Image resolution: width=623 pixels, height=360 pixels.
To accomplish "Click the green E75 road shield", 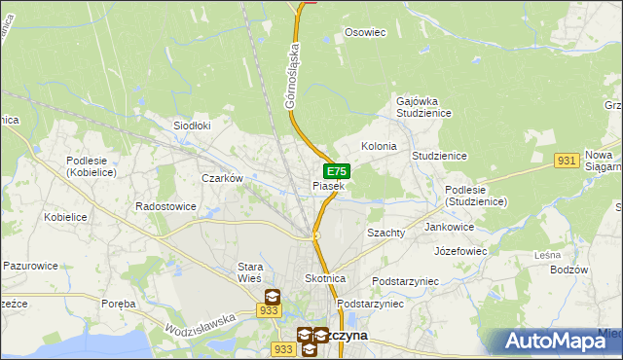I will (337, 172).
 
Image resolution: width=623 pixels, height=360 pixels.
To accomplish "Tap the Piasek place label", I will (328, 186).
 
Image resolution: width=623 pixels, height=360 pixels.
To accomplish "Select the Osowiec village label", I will (366, 32).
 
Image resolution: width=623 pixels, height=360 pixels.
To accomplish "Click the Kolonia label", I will (379, 146).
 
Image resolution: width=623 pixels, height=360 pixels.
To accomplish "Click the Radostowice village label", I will (165, 206).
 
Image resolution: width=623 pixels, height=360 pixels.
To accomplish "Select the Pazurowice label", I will (32, 265).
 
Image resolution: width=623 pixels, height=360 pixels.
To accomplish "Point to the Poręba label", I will (119, 304).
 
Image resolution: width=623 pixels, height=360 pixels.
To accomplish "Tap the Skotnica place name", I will (325, 278).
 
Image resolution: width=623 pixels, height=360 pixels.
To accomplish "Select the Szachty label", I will (385, 234).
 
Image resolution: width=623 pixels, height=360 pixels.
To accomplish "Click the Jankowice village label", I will (450, 227).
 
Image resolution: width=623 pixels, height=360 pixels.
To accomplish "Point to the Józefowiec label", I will (460, 250).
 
